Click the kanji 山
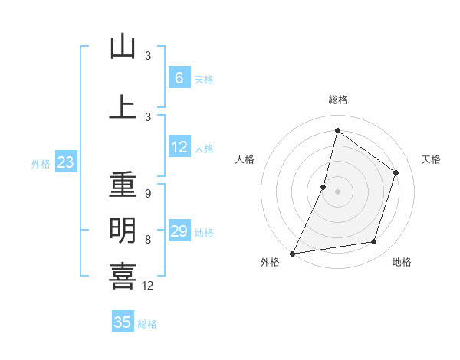[x=123, y=47]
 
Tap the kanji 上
[x=123, y=107]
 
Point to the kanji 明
[x=123, y=229]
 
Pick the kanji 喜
[x=123, y=276]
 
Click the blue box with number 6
[x=179, y=77]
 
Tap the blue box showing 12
[x=179, y=147]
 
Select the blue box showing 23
[x=65, y=162]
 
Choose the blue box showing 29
[x=179, y=231]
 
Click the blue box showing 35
[x=123, y=322]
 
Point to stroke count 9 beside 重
[x=147, y=194]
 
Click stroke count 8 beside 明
[x=147, y=240]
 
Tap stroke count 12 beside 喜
[x=149, y=286]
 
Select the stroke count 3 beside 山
[x=148, y=56]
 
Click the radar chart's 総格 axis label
[x=337, y=100]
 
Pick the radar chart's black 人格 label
[x=245, y=159]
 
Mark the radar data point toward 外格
[x=292, y=253]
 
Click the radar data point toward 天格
[x=396, y=172]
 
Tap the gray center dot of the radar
[x=337, y=191]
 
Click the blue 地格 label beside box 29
[x=204, y=233]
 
